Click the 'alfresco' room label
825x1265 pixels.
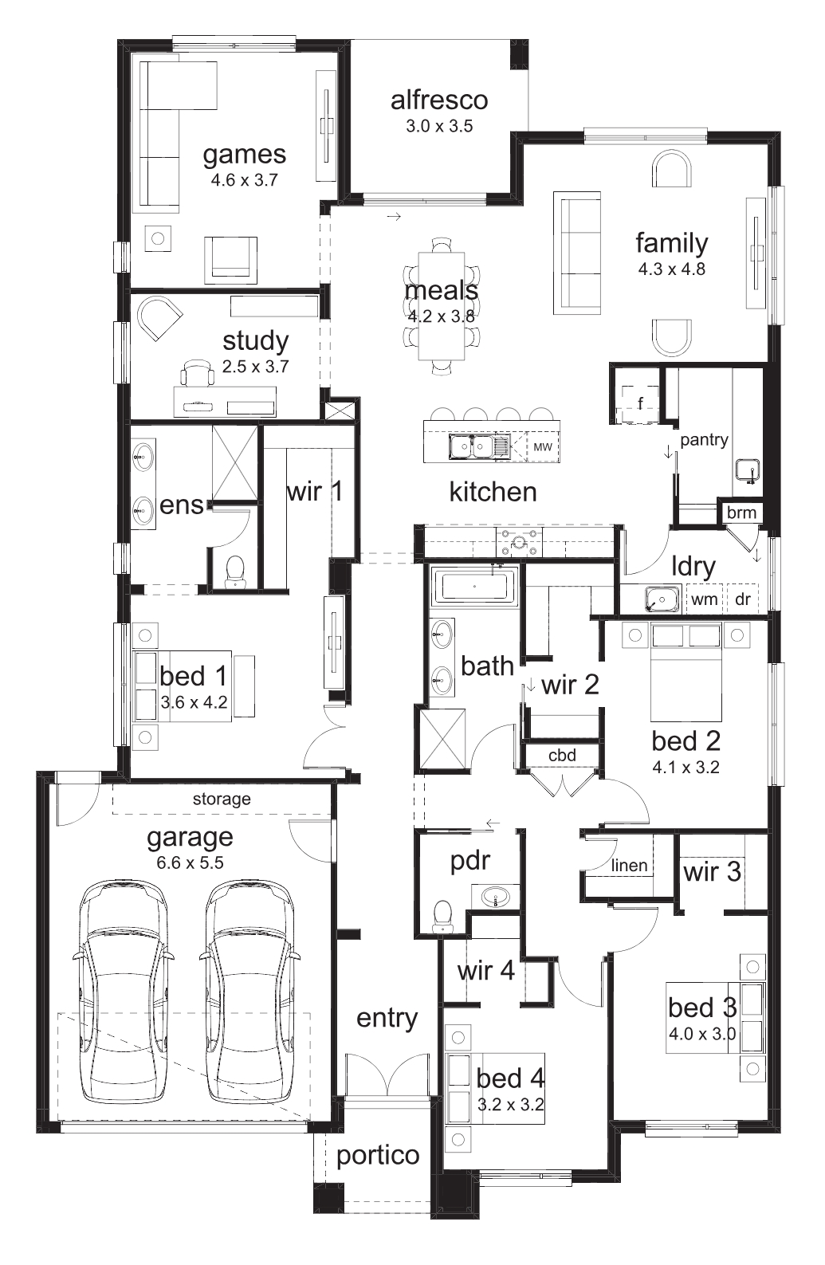coord(438,100)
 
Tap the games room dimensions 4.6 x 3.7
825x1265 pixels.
coord(245,180)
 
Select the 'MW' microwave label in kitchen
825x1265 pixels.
coord(542,446)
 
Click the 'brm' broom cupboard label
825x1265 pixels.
coord(741,513)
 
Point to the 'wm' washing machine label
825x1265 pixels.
coord(704,599)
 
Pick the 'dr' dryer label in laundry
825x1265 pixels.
coord(743,599)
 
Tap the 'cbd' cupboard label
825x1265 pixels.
coord(562,755)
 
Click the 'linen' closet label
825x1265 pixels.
coord(629,865)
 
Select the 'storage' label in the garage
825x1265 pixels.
coord(222,799)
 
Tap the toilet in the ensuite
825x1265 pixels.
coord(234,571)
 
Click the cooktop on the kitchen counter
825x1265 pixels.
coord(518,542)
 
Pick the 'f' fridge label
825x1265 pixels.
coord(640,403)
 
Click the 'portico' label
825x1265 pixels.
coord(378,1156)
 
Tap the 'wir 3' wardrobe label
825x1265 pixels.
coord(712,871)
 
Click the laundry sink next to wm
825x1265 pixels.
coord(662,599)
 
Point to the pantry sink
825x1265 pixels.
coord(747,471)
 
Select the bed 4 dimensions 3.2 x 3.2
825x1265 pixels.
coord(510,1104)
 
